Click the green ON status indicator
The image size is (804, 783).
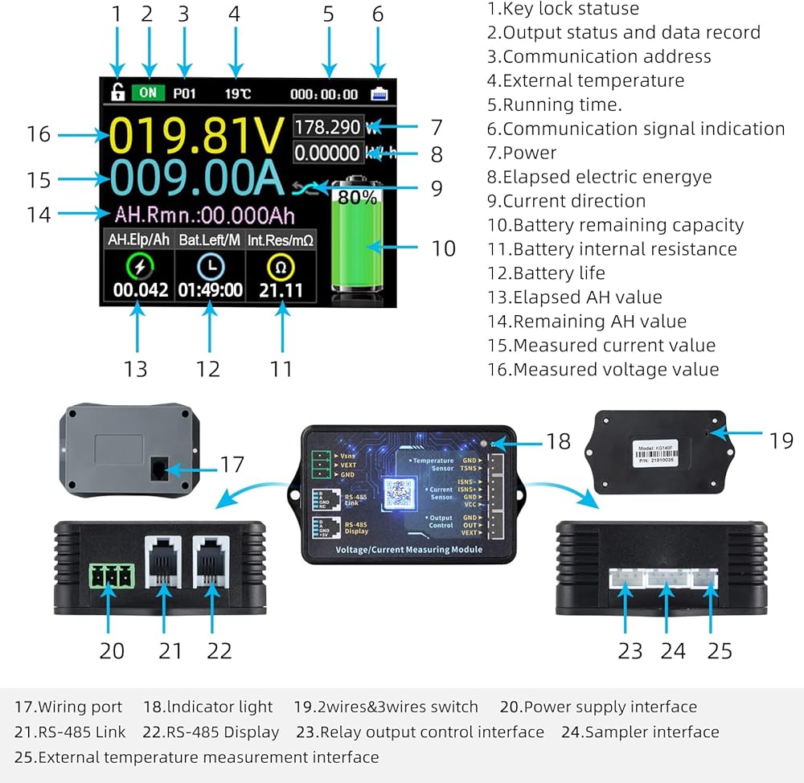point(147,92)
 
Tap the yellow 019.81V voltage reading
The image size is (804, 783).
point(197,135)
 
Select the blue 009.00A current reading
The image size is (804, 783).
point(197,179)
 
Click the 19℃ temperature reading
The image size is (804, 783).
point(237,93)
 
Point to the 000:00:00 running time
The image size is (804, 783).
point(324,94)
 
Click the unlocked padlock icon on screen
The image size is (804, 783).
point(117,92)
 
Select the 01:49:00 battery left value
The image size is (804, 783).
point(211,289)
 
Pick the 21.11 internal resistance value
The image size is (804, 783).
point(281,289)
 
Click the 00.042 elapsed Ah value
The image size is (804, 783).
point(141,289)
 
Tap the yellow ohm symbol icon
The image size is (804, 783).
point(281,266)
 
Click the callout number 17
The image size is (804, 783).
point(232,464)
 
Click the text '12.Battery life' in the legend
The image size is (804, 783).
point(546,273)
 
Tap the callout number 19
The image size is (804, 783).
point(781,440)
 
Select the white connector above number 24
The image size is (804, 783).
point(665,580)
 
